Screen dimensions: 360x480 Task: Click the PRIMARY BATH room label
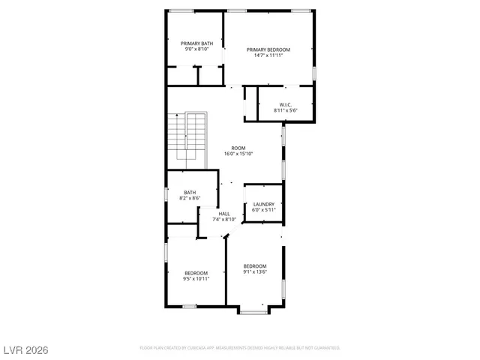coord(196,43)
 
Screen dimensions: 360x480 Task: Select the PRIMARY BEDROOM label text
coord(268,49)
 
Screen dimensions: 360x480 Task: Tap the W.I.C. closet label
coord(286,105)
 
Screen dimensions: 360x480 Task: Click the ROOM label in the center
coord(238,148)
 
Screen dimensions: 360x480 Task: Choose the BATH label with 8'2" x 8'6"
coord(190,193)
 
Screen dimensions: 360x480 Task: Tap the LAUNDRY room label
coord(263,204)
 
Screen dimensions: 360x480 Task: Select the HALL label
coord(224,214)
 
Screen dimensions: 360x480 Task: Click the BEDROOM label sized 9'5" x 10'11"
coord(196,272)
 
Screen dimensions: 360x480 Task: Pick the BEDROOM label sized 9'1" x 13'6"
coord(255,266)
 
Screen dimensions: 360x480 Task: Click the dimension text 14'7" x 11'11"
coord(268,55)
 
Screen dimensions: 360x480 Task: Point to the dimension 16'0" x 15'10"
coord(238,154)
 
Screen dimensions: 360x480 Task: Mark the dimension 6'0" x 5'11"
coord(263,210)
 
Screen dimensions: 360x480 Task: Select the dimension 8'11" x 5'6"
coord(286,111)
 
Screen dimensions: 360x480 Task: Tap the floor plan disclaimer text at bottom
coord(240,348)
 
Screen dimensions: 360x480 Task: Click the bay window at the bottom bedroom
coord(254,310)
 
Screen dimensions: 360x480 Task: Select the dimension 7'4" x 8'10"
coord(224,220)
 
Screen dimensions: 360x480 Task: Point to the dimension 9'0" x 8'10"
coord(196,49)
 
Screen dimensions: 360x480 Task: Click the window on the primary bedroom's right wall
coord(314,73)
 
